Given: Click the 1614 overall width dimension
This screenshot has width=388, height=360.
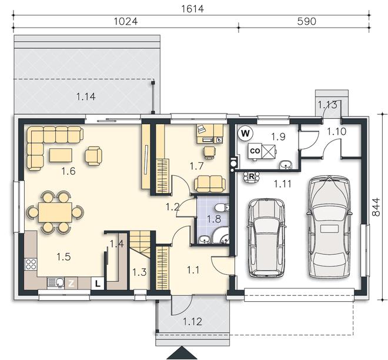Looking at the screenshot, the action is click(x=192, y=9).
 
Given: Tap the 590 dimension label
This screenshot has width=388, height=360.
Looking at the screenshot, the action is click(x=307, y=22).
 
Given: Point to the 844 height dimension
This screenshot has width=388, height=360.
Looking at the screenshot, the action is click(x=376, y=207).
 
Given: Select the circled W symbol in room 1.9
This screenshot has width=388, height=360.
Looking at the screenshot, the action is click(x=245, y=134).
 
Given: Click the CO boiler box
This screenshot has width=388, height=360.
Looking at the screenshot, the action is click(x=255, y=151).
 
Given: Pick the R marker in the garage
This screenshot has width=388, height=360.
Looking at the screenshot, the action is click(x=252, y=176).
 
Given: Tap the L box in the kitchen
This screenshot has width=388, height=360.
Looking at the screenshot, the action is click(x=98, y=284).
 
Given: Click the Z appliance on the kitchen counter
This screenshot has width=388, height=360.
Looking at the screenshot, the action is click(x=71, y=284).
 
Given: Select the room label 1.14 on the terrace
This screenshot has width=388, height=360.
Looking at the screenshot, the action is click(x=86, y=96).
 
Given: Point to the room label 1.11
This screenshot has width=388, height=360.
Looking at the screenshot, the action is click(x=283, y=184).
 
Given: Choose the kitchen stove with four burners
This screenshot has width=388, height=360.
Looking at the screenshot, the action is click(x=31, y=264).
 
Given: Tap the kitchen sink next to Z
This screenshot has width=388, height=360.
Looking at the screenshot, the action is click(x=56, y=283).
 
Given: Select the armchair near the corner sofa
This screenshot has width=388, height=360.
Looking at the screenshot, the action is click(x=93, y=156).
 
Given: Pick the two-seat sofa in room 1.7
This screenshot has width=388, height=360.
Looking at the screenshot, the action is click(x=210, y=184).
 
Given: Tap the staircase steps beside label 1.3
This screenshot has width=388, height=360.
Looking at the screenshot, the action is click(x=141, y=244).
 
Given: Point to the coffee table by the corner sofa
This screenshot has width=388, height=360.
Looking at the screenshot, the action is click(x=61, y=155).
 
